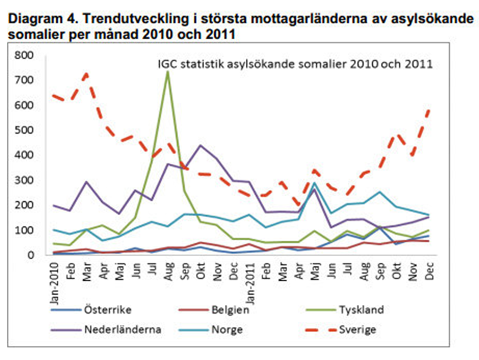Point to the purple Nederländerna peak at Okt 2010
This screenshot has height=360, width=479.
200,145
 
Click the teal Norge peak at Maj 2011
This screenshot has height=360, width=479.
314,183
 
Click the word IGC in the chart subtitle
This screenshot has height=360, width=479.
167,65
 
